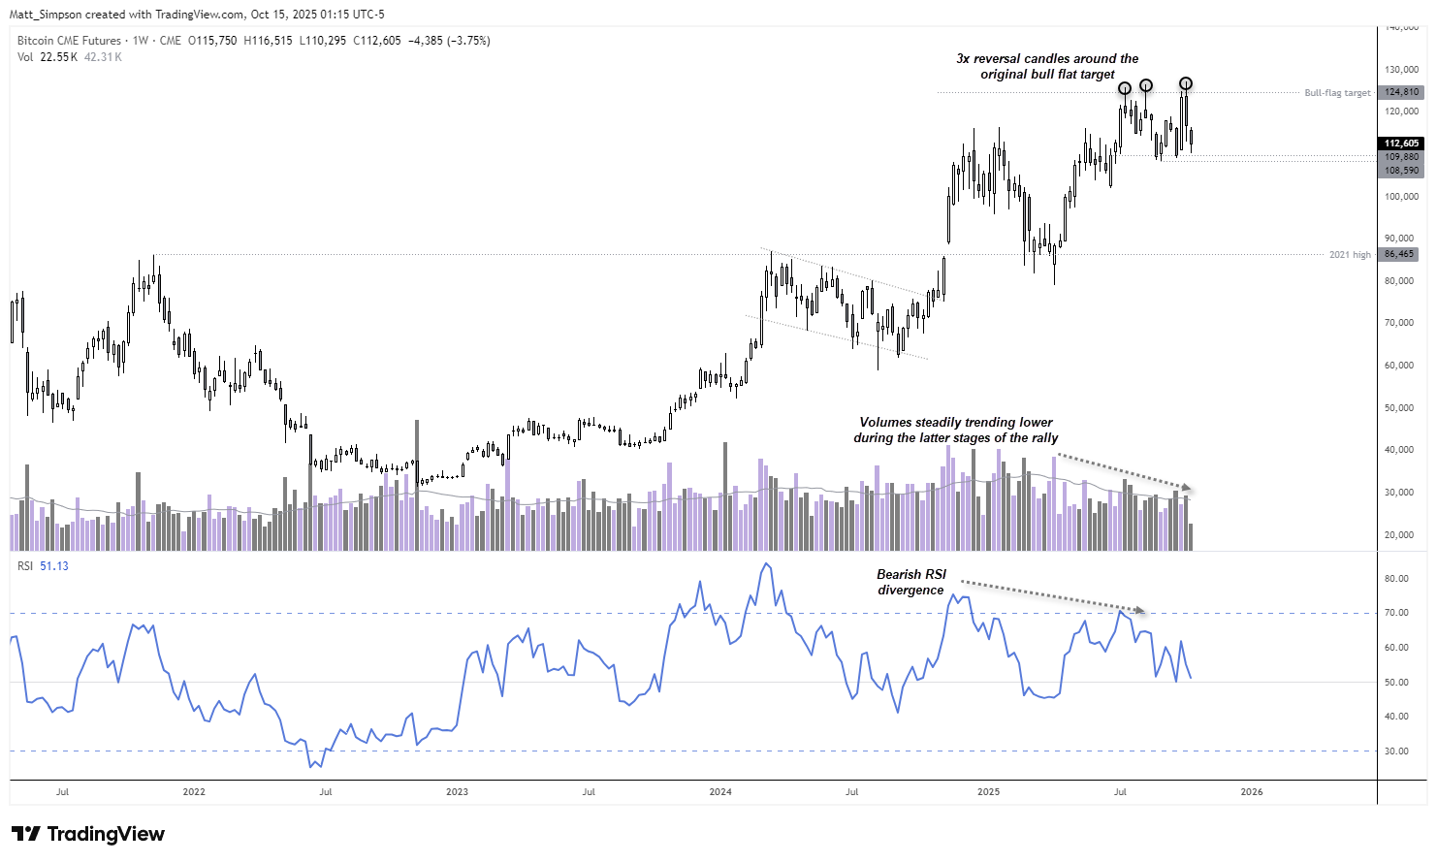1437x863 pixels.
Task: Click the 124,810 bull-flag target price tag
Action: pyautogui.click(x=1401, y=92)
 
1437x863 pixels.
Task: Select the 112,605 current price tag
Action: pyautogui.click(x=1401, y=144)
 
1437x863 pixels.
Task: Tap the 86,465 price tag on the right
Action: pyautogui.click(x=1398, y=254)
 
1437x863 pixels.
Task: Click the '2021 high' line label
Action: pyautogui.click(x=1350, y=255)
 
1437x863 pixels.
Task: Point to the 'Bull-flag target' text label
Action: pyautogui.click(x=1337, y=93)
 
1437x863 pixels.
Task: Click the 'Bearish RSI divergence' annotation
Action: pyautogui.click(x=910, y=582)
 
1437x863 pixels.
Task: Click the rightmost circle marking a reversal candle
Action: pyautogui.click(x=1185, y=83)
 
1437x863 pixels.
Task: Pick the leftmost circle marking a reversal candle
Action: pyautogui.click(x=1125, y=88)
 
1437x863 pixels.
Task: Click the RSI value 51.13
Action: pyautogui.click(x=54, y=566)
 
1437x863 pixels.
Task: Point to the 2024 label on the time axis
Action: pyautogui.click(x=720, y=792)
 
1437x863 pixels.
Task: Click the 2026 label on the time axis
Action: pyautogui.click(x=1252, y=792)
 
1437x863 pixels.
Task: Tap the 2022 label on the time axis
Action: pyautogui.click(x=194, y=792)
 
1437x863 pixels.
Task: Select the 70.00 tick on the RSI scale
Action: pyautogui.click(x=1396, y=613)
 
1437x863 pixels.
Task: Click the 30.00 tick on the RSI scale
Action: pyautogui.click(x=1396, y=751)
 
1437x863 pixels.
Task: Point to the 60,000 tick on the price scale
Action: pyautogui.click(x=1399, y=366)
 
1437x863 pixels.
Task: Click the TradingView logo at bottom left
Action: pyautogui.click(x=88, y=834)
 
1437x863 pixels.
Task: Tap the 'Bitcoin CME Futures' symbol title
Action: pyautogui.click(x=69, y=41)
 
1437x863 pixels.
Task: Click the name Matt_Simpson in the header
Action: pyautogui.click(x=46, y=15)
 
